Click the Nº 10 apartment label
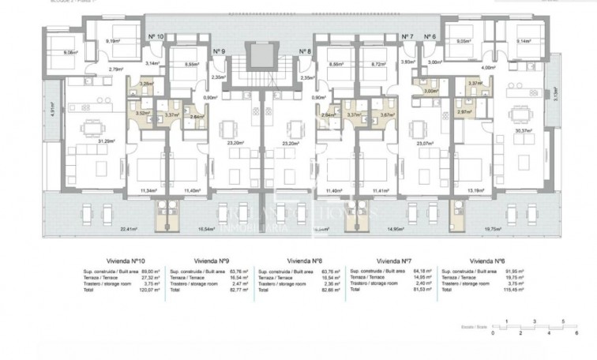coord(156,36)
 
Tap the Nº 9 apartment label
coord(219,51)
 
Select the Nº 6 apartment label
coord(430,36)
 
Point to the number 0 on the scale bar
coord(492,334)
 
